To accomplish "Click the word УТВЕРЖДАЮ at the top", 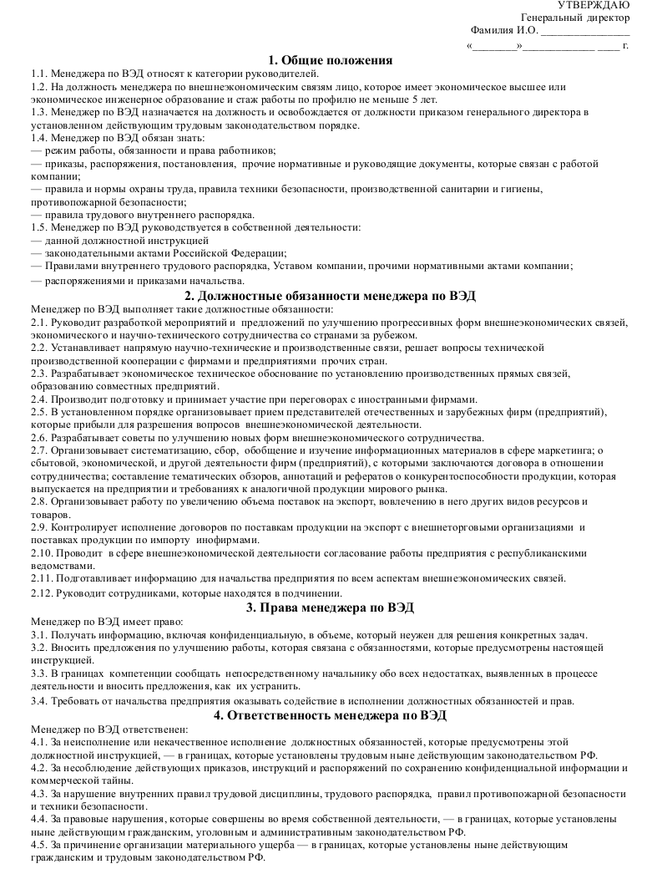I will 599,6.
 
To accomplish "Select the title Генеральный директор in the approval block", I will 575,18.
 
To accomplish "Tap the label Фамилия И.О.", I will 503,31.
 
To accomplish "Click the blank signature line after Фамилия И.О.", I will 585,33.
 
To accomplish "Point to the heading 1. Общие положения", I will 331,59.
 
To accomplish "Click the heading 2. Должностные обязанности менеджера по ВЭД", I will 331,295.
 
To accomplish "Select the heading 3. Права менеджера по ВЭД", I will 331,607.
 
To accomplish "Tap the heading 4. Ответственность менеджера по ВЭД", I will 331,715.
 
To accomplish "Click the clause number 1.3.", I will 38,112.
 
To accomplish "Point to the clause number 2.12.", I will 42,592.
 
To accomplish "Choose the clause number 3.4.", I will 38,700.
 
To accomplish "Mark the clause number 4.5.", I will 38,846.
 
